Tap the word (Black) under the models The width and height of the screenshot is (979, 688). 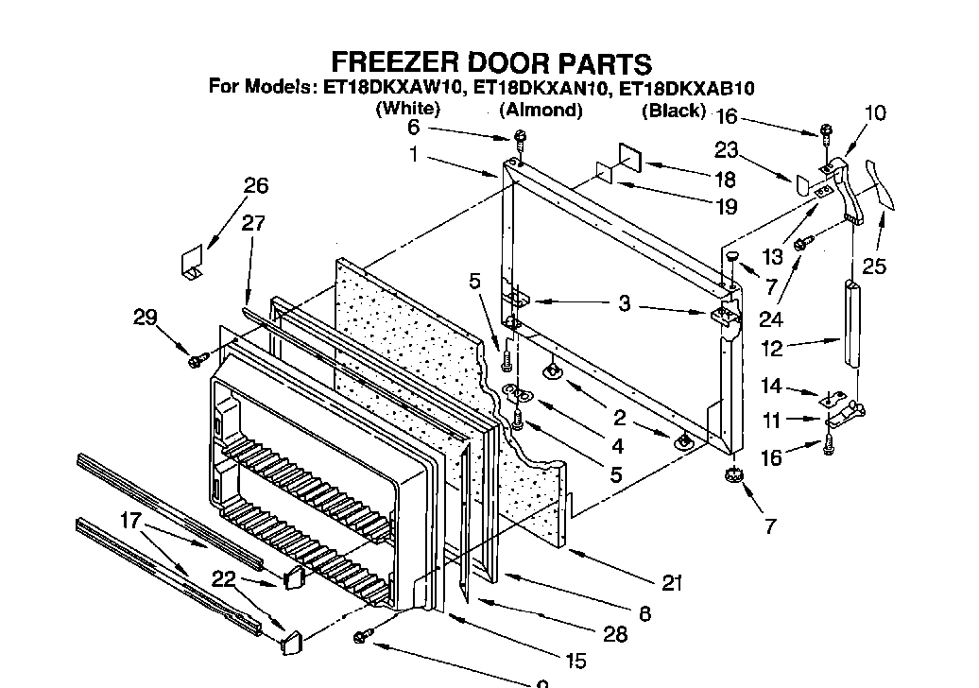[674, 111]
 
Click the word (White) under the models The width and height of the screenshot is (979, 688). [408, 109]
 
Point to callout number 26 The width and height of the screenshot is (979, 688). [256, 186]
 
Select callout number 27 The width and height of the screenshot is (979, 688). [253, 224]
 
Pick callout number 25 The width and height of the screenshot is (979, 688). [874, 267]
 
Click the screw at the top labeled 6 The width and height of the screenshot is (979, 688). [520, 142]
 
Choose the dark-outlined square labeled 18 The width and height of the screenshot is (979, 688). [629, 157]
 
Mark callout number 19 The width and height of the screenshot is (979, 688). [725, 205]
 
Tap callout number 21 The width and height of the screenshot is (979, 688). [672, 583]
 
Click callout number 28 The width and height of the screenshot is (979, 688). [615, 634]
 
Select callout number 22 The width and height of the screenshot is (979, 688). [223, 579]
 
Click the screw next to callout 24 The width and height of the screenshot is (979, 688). [800, 245]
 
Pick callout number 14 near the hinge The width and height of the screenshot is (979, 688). [772, 386]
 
